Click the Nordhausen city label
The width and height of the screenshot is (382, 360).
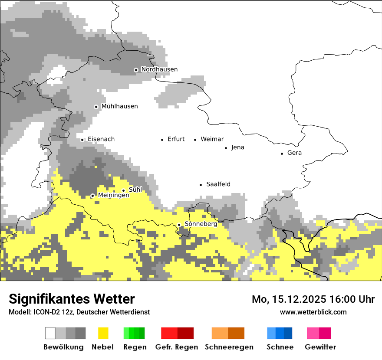pos(159,69)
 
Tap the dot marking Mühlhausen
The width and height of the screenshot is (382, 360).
pos(96,107)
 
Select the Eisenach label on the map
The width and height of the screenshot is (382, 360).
pos(101,139)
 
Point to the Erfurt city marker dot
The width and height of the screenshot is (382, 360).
pos(162,140)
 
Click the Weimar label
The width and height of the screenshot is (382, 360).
pos(212,139)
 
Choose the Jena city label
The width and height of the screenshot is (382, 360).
pos(237,147)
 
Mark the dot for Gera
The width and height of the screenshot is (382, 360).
pos(282,153)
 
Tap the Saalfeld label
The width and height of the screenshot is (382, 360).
pos(218,184)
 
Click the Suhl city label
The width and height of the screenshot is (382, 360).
pos(135,190)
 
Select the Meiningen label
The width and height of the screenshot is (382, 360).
pos(113,196)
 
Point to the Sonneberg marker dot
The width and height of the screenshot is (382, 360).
pos(179,225)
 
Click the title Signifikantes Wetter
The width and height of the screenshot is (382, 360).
pos(72,299)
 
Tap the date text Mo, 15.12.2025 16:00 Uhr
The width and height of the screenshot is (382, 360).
pos(313,299)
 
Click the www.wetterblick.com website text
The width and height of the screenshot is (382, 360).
pos(313,312)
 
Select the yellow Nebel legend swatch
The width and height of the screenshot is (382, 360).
pos(103,333)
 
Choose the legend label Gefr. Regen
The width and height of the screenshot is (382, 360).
pos(176,347)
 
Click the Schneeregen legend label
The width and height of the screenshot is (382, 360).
pos(229,347)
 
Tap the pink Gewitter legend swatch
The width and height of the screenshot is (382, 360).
pos(313,333)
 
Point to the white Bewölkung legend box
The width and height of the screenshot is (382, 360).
pos(50,333)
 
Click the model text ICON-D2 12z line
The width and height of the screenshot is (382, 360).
pos(79,312)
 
